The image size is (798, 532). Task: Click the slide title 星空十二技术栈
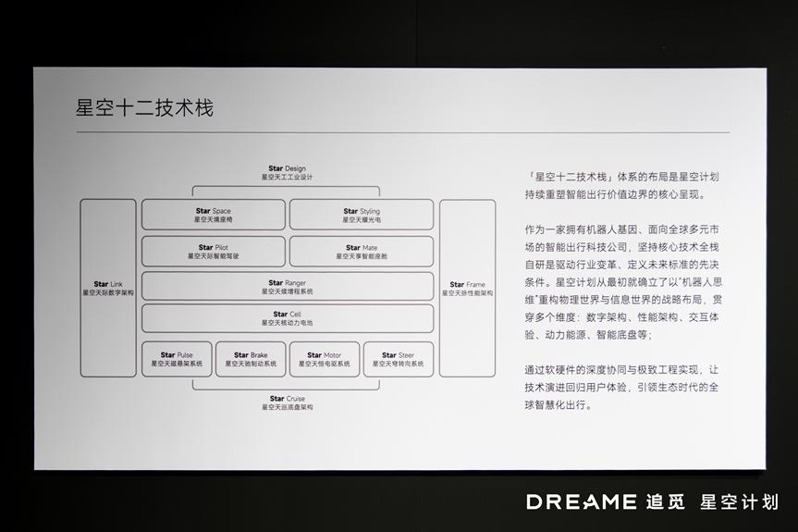coord(144,108)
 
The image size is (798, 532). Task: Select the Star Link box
coord(108,288)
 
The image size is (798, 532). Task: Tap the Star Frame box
coord(467,288)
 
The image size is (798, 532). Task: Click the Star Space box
coord(213,215)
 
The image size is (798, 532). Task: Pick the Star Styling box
coord(362,215)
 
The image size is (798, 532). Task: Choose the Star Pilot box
coord(213,251)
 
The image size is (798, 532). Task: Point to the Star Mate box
coord(362,251)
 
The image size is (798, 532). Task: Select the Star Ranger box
coord(287,286)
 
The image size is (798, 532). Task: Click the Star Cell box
coord(287,319)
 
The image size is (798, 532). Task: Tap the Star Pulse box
coord(177,359)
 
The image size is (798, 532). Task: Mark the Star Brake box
coord(250,359)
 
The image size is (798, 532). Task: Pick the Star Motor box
coord(325,359)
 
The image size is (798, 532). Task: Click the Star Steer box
coord(398,359)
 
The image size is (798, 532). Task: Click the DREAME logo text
coord(582,502)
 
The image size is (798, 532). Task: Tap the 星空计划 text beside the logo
coord(739,502)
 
